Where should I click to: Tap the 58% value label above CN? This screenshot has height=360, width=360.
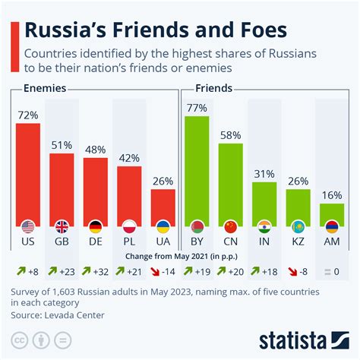(231, 134)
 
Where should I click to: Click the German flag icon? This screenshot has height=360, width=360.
(95, 227)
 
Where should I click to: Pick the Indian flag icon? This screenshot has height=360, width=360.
(264, 227)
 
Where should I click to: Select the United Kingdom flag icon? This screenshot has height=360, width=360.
(62, 227)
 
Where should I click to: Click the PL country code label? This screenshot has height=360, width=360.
(129, 242)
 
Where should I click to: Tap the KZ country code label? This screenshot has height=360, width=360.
(298, 242)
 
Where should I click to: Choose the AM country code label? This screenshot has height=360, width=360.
(332, 242)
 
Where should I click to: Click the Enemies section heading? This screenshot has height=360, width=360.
(43, 89)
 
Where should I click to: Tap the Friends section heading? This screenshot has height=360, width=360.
(213, 89)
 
